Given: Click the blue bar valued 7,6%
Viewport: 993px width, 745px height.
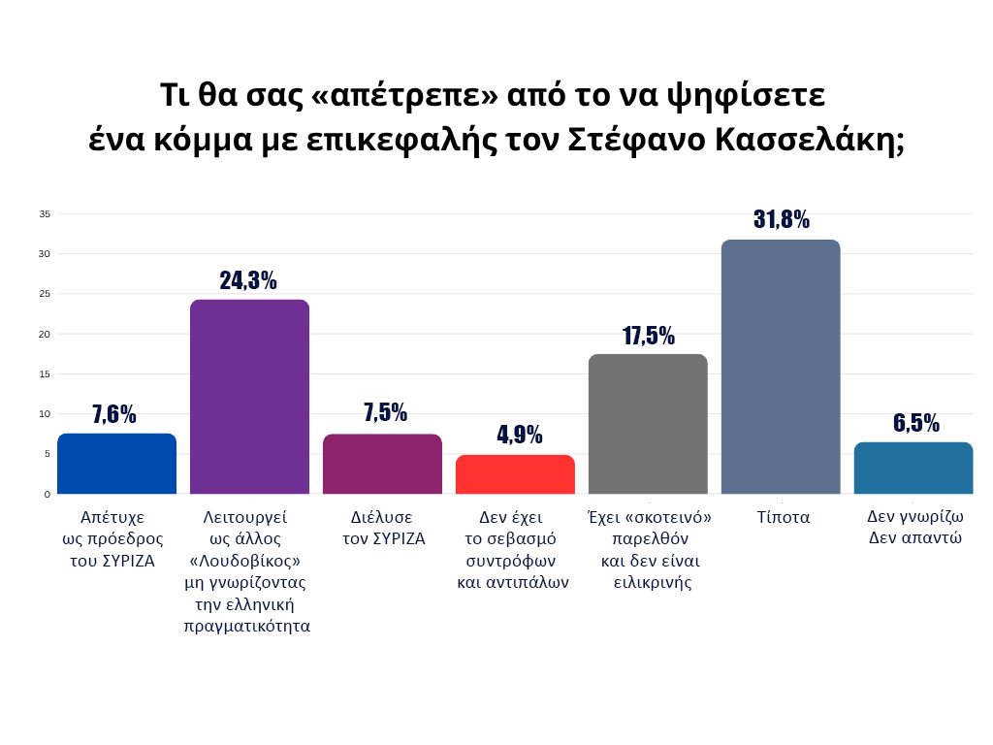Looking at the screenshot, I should (x=116, y=464).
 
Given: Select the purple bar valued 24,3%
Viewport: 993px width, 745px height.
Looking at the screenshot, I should (x=249, y=397).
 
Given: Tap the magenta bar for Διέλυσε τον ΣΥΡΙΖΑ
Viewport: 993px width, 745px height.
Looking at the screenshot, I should (x=382, y=464).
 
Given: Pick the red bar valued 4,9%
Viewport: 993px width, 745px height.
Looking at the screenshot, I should (x=515, y=474).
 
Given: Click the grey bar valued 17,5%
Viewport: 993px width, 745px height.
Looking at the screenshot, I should (x=648, y=424).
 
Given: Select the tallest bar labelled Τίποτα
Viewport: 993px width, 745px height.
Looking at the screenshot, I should (x=781, y=367).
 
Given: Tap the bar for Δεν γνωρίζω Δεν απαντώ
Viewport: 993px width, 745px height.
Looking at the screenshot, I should (x=913, y=469).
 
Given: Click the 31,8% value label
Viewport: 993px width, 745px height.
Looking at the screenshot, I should (x=781, y=219).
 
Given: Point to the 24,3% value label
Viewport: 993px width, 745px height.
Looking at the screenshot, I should (x=248, y=280).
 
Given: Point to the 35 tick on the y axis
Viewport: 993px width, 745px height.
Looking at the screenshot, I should (x=45, y=213).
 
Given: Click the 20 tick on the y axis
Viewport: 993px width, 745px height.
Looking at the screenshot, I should (x=45, y=334).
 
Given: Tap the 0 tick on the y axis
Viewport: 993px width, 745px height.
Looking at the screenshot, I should (x=47, y=494).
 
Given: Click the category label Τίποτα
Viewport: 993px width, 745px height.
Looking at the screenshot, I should (x=784, y=517).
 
